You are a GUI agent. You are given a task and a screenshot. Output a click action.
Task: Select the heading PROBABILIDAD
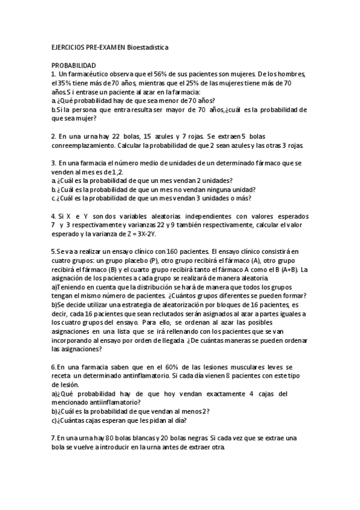(73, 64)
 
